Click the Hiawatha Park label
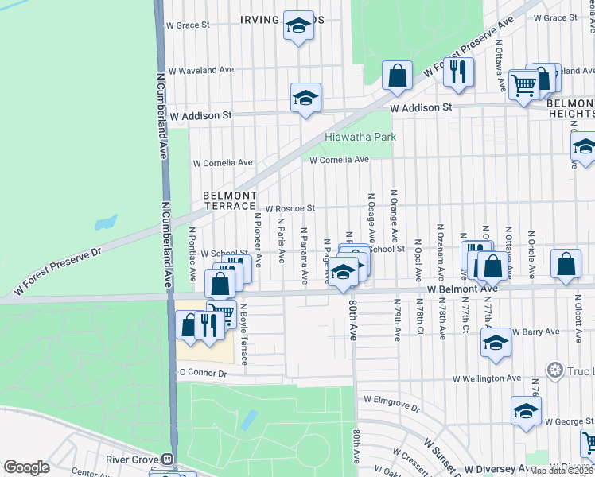point(360,137)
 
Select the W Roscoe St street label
point(290,208)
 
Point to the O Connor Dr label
point(204,372)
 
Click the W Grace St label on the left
point(187,25)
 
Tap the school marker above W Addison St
point(305,99)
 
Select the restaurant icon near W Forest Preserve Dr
point(457,72)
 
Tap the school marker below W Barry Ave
point(495,343)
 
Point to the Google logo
point(26,467)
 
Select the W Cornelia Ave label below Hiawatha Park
point(340,160)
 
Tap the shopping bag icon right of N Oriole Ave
point(565,266)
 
